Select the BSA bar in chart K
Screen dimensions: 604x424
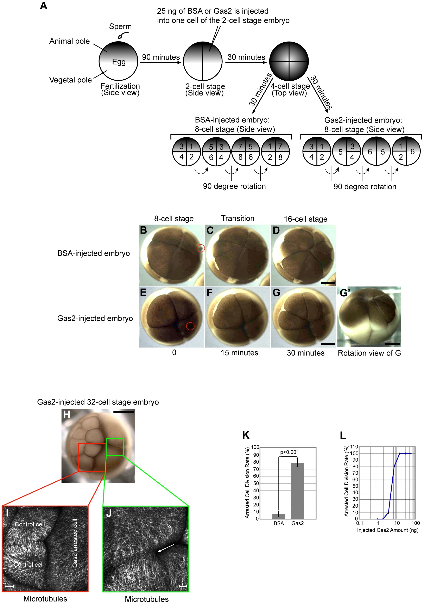(x=279, y=516)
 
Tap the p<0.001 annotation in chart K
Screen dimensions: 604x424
(x=289, y=452)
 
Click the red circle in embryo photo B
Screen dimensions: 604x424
(x=201, y=248)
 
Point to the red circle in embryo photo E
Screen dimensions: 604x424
(x=190, y=326)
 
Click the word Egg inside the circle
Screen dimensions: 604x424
(x=119, y=62)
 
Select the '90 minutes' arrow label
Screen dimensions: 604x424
(x=161, y=57)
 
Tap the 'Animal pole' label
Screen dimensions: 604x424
(x=69, y=41)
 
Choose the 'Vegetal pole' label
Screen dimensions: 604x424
(x=70, y=80)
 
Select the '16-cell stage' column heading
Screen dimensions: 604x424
(x=305, y=219)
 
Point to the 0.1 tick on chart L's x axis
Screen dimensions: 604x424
(x=360, y=523)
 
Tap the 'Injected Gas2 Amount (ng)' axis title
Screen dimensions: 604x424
(x=387, y=530)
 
